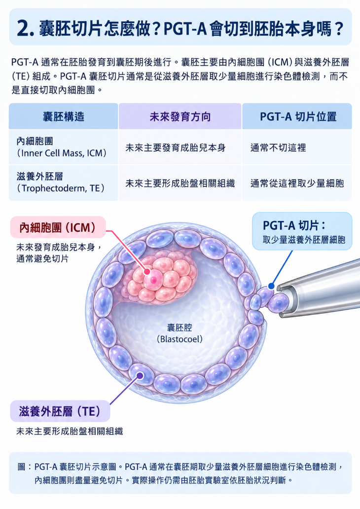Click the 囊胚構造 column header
click(x=64, y=116)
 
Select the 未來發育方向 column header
click(x=180, y=116)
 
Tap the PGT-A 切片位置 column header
click(x=298, y=116)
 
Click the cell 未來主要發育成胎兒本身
click(x=176, y=148)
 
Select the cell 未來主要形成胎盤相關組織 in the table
click(x=180, y=183)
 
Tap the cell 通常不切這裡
click(x=278, y=148)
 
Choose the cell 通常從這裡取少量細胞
click(x=297, y=183)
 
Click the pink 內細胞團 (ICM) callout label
click(x=58, y=227)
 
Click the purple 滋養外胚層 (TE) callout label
click(x=60, y=411)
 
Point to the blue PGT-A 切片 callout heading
click(x=294, y=225)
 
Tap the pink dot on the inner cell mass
click(x=147, y=271)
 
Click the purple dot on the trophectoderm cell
click(x=140, y=375)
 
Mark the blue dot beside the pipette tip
click(x=271, y=287)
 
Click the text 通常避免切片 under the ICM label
click(x=42, y=259)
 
